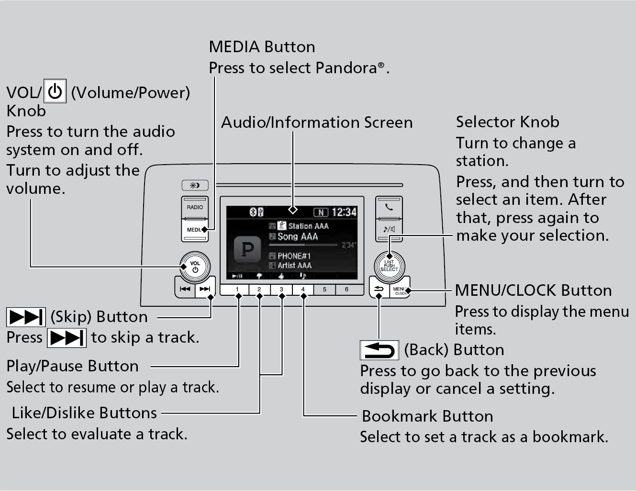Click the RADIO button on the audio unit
pyautogui.click(x=195, y=207)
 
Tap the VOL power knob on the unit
pyautogui.click(x=195, y=266)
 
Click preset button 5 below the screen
pyautogui.click(x=324, y=290)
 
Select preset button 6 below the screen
pyautogui.click(x=346, y=290)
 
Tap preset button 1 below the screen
pyautogui.click(x=237, y=290)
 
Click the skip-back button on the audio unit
pyautogui.click(x=185, y=289)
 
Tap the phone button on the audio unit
pyautogui.click(x=389, y=208)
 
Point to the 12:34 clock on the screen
pyautogui.click(x=344, y=212)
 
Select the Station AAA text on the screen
pyautogui.click(x=308, y=226)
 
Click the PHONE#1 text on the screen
pyautogui.click(x=294, y=256)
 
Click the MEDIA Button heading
pyautogui.click(x=262, y=47)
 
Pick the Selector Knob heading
pyautogui.click(x=507, y=122)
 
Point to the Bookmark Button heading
pyautogui.click(x=427, y=416)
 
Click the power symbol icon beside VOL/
pyautogui.click(x=55, y=91)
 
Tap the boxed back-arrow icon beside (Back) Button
pyautogui.click(x=379, y=350)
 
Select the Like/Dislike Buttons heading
pyautogui.click(x=84, y=413)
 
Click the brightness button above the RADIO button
pyautogui.click(x=195, y=185)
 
